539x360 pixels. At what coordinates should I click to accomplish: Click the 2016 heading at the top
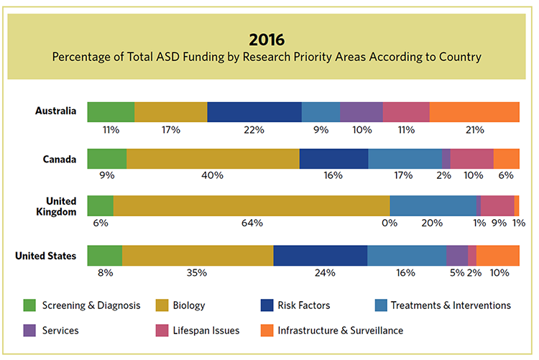pos(269,38)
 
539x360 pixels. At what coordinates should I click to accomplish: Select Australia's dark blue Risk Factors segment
pos(254,112)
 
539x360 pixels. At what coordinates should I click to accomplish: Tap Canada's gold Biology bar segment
pos(213,159)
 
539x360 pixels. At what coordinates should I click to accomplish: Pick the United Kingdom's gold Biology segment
pos(252,206)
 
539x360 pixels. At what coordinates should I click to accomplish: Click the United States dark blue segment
pos(320,255)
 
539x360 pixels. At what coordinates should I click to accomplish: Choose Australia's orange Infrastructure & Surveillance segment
pos(474,112)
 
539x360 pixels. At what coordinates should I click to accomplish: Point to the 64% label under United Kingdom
pos(252,223)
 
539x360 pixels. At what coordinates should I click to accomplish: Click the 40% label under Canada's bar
pos(213,175)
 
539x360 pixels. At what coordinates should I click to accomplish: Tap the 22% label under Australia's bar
pos(254,130)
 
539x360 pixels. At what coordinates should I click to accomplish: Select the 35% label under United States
pos(197,273)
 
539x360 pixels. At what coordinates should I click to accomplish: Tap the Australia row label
pos(55,111)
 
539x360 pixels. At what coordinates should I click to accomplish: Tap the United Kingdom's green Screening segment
pos(100,206)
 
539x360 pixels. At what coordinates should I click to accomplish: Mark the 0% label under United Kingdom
pos(390,223)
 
